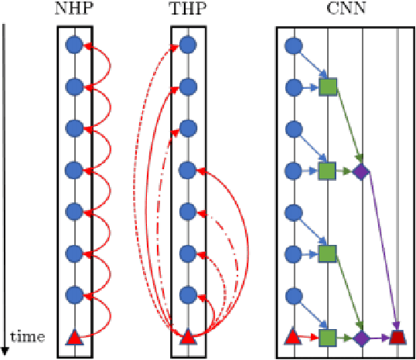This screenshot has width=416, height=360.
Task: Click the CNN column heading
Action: (x=344, y=10)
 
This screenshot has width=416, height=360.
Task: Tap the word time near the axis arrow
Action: (x=29, y=336)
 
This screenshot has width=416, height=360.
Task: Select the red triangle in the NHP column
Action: (x=74, y=337)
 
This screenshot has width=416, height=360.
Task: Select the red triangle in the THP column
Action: (x=187, y=337)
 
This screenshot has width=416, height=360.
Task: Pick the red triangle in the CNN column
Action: (x=293, y=337)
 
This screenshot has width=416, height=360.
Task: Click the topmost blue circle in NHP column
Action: (x=74, y=46)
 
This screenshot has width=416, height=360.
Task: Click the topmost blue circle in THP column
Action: (x=187, y=46)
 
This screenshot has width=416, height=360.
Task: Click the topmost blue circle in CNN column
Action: (x=293, y=46)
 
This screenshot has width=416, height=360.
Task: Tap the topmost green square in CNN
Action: (x=328, y=87)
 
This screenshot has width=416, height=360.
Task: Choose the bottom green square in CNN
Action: (x=328, y=337)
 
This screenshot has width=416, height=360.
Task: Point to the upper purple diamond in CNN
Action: (x=360, y=171)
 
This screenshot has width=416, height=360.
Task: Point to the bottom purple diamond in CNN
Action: (x=360, y=337)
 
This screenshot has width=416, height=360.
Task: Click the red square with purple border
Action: (x=397, y=337)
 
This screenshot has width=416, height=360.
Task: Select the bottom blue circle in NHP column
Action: (x=74, y=295)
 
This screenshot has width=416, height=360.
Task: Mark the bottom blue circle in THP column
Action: (x=187, y=295)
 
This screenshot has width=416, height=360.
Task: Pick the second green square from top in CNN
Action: (x=328, y=171)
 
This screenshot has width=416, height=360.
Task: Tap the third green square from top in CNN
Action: (x=328, y=253)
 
